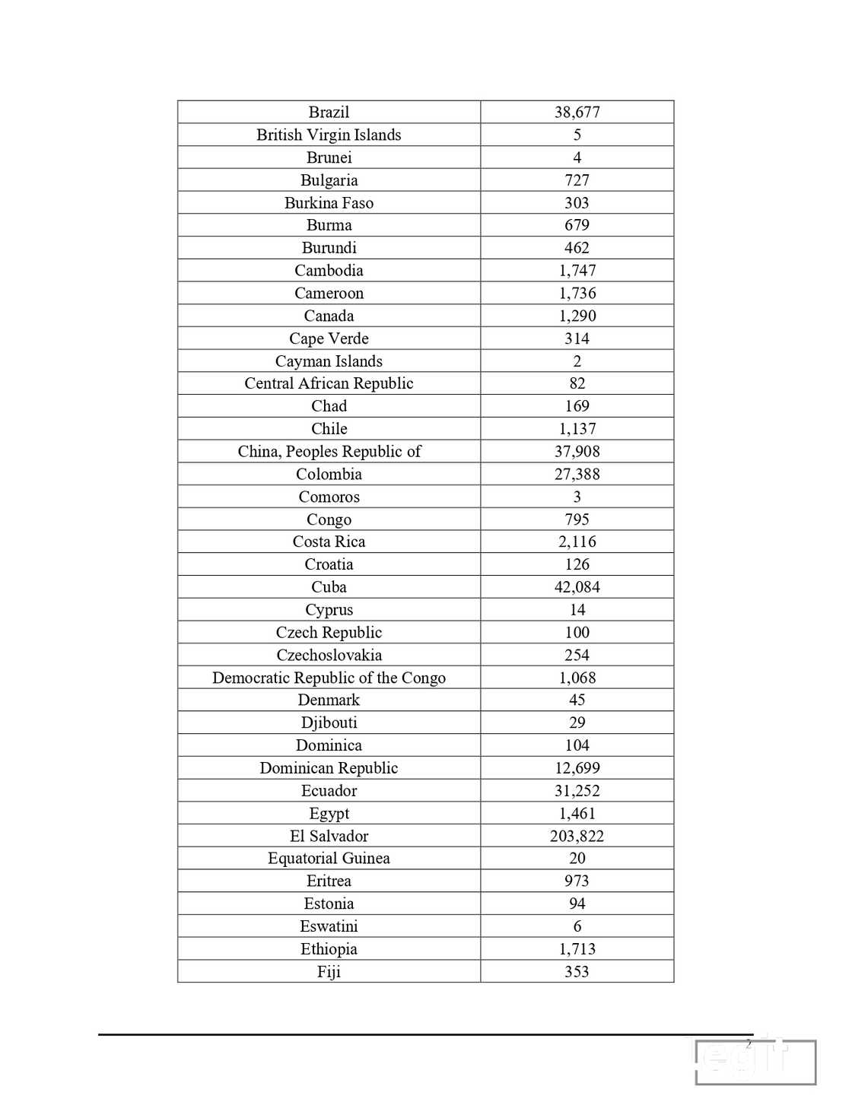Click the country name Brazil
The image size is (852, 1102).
(329, 112)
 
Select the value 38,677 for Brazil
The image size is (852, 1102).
(577, 112)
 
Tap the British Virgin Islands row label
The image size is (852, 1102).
(329, 135)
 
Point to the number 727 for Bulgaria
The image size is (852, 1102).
(577, 180)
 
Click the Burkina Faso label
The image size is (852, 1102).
(329, 203)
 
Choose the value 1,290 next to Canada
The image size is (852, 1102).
(577, 316)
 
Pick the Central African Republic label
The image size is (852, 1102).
(329, 383)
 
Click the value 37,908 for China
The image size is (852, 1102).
(577, 452)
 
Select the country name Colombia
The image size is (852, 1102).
(329, 475)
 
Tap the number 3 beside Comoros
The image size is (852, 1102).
(577, 497)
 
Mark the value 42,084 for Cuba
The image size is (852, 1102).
(577, 587)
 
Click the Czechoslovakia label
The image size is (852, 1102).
(329, 655)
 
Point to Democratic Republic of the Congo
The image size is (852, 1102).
(329, 678)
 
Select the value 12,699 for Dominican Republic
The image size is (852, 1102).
(577, 768)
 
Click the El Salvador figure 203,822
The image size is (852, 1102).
(577, 836)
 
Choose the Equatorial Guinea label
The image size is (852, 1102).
(329, 858)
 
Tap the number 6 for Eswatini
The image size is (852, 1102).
(577, 926)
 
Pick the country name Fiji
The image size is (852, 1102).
(329, 971)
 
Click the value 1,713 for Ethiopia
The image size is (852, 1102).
(577, 949)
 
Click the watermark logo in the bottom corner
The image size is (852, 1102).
(755, 1061)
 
